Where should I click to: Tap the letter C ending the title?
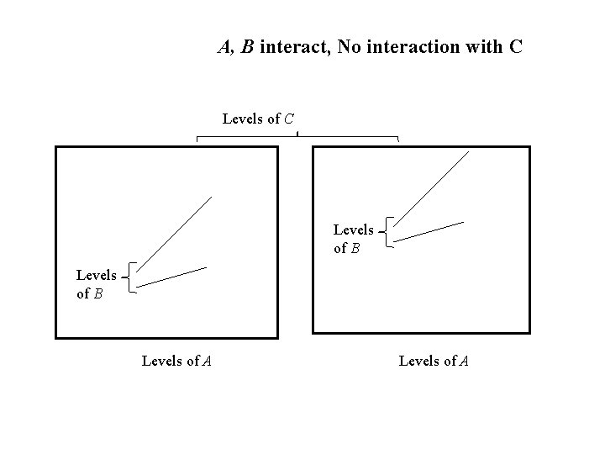515,47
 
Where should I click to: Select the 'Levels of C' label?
258,119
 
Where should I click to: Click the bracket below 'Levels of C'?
297,136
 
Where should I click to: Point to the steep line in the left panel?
173,238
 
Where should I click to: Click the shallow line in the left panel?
171,277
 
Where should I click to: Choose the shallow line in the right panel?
429,231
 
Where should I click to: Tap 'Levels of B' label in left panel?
96,284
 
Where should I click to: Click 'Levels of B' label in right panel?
353,237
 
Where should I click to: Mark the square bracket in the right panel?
388,231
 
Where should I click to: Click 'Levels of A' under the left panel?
176,362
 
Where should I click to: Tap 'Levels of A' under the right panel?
434,362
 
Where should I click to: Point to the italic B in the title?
247,47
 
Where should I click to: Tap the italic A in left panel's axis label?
206,362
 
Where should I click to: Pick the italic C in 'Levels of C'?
288,119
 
